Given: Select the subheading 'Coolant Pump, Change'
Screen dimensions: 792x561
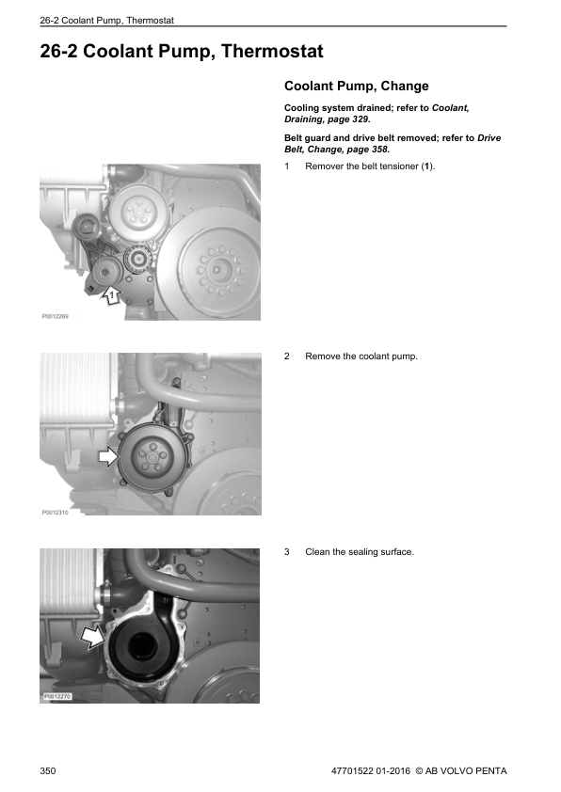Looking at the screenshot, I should pos(356,87).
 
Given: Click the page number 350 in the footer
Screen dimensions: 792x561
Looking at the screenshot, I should pos(49,771).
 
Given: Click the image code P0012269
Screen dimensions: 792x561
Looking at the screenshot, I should pos(56,317).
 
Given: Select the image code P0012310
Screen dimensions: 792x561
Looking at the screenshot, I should pos(56,514).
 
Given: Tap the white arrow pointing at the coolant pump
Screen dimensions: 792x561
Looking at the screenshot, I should pos(109,458).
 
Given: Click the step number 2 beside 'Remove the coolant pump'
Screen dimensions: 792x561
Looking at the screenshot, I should pos(287,357).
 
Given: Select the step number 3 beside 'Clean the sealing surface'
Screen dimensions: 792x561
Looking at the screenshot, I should pos(287,551).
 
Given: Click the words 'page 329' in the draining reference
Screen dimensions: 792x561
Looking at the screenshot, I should pos(350,120).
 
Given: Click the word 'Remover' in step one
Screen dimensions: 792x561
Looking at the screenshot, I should pos(325,166).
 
